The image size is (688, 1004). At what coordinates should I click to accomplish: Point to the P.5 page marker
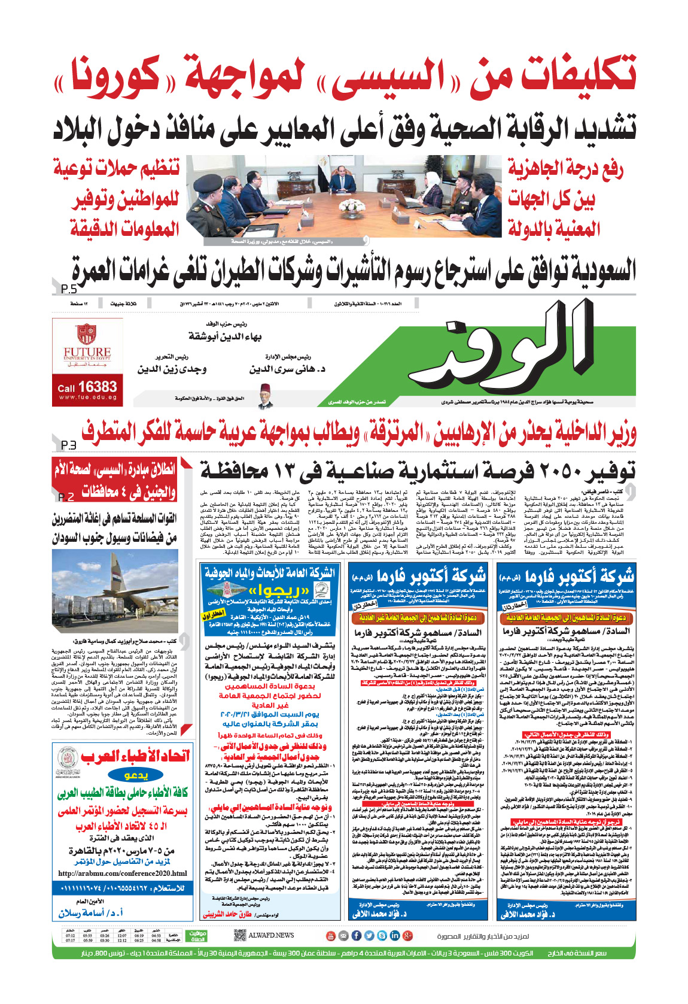[69, 289]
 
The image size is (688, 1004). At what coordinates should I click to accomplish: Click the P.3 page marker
[68, 445]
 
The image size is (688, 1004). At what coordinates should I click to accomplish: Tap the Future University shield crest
[86, 333]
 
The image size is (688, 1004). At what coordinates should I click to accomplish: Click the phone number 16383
[97, 387]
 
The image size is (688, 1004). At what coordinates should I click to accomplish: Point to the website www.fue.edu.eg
[87, 398]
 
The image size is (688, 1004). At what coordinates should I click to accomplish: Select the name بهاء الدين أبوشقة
[225, 336]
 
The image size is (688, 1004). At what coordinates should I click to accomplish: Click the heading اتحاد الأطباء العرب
[135, 756]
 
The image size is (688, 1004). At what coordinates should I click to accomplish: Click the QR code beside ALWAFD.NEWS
[240, 935]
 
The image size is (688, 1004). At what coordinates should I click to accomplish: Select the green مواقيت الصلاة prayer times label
[197, 936]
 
